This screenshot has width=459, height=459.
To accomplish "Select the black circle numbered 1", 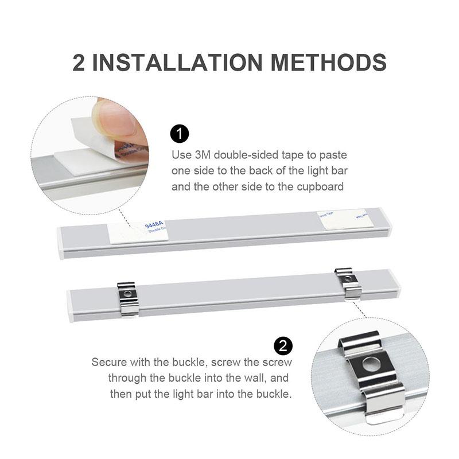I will point(180,135).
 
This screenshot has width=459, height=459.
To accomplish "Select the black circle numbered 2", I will point(283,345).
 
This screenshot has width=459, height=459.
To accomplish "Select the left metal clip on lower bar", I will point(128,298).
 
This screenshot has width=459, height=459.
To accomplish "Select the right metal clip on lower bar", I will point(348,282).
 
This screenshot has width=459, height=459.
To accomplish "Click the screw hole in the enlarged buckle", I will point(372,364).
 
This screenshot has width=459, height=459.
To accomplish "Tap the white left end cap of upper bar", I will point(60,243).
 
